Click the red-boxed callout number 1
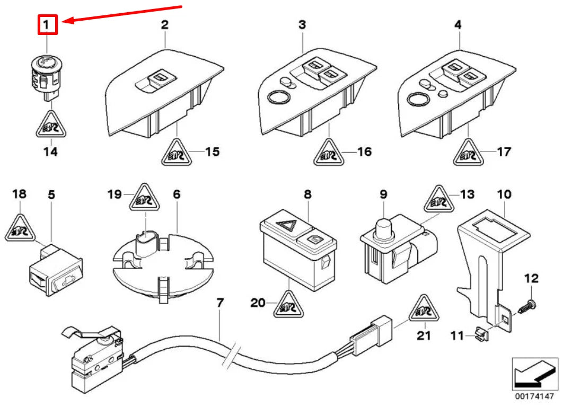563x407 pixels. pos(47,24)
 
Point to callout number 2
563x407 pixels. pos(165,25)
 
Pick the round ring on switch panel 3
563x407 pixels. pos(277,98)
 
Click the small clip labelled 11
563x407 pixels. pos(480,334)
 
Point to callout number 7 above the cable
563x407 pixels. pos(220,304)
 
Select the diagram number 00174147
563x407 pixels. pos(535,396)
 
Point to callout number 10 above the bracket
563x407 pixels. pos(504,194)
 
